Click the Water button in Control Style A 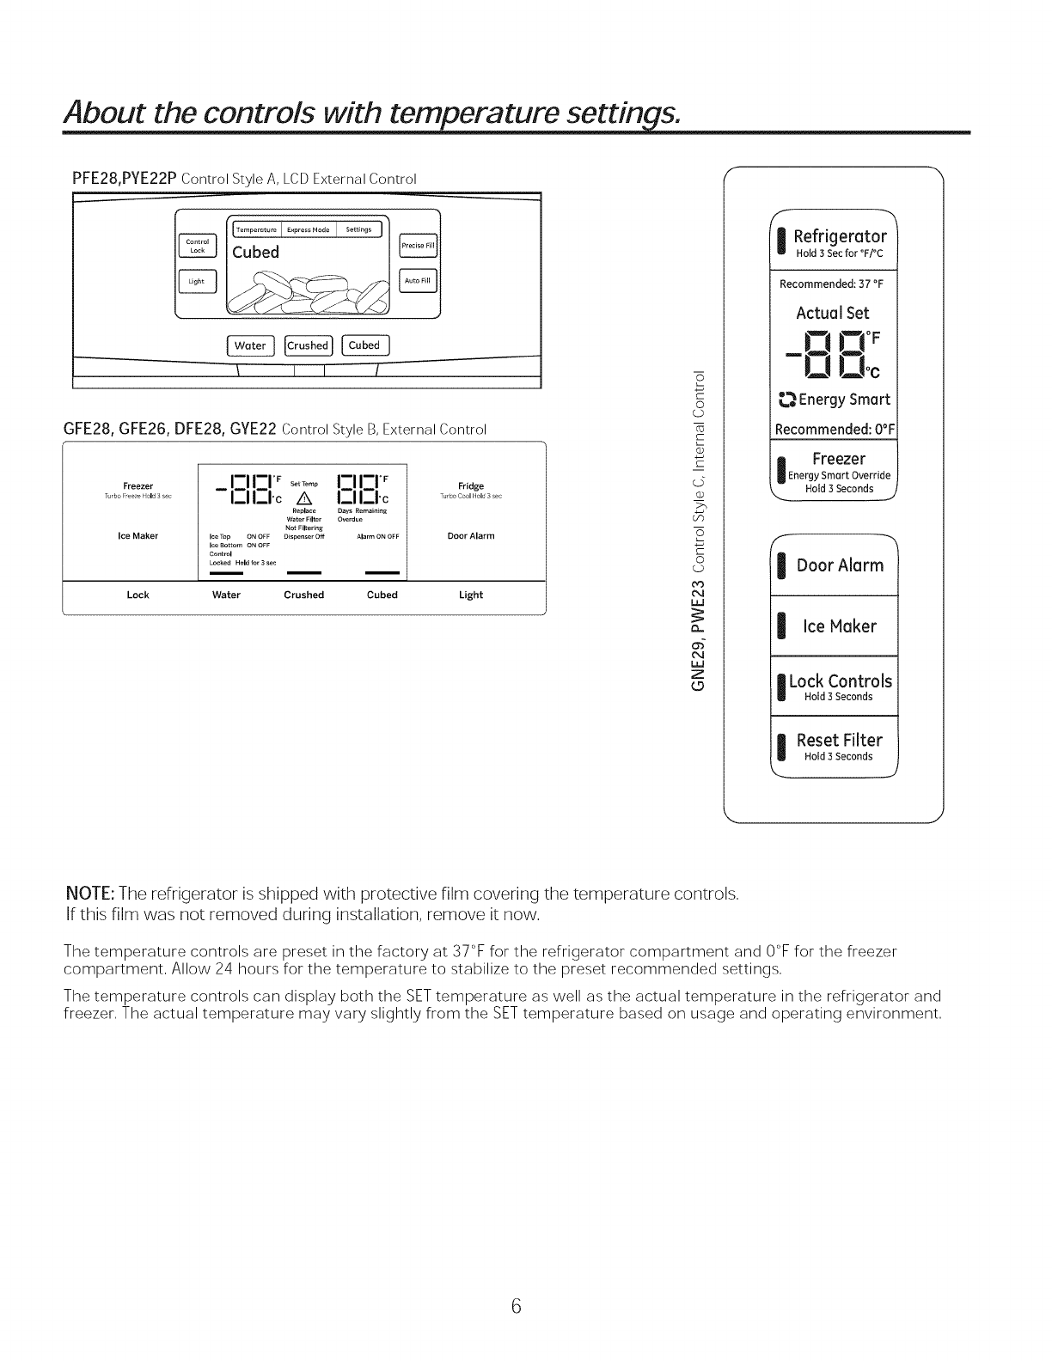pos(250,345)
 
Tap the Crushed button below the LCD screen pos(308,345)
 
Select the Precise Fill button pos(419,246)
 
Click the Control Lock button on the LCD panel pos(197,246)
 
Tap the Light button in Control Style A pos(197,281)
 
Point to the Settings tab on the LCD pos(359,229)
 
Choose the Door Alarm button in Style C pos(839,565)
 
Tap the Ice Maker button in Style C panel pos(839,626)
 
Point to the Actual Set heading pos(832,313)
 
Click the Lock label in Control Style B pos(138,595)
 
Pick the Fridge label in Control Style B pos(472,486)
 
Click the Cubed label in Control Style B pos(382,595)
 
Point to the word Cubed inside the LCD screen pos(256,253)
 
